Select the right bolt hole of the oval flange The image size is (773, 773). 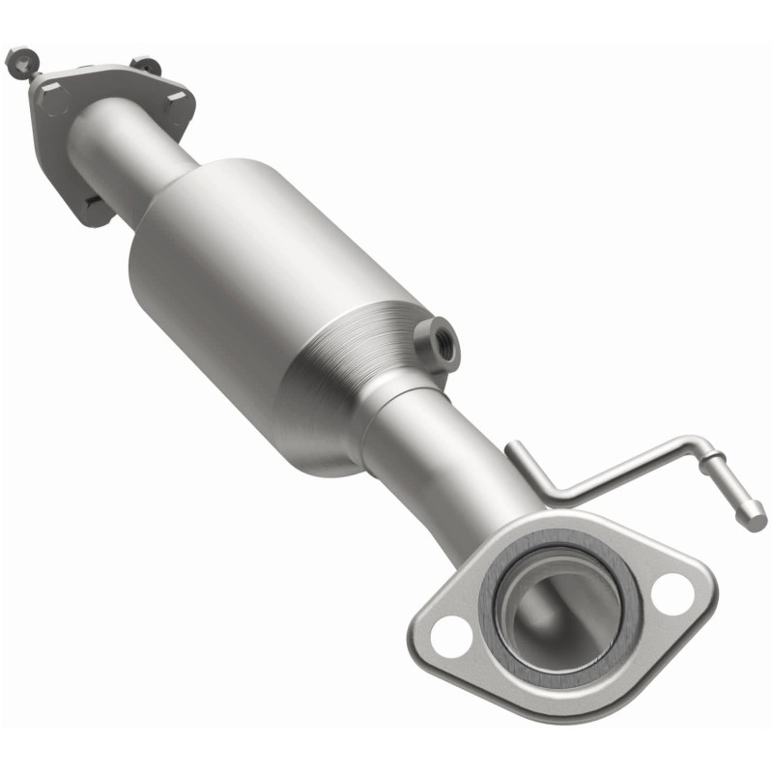[x=671, y=591]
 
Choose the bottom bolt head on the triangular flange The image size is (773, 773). [x=92, y=204]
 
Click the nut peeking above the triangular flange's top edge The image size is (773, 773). [x=147, y=67]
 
